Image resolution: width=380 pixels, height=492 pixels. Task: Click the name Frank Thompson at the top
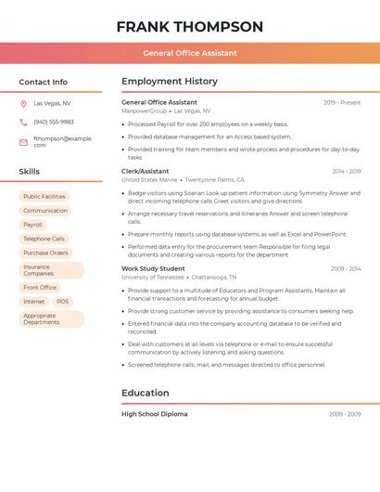(x=189, y=27)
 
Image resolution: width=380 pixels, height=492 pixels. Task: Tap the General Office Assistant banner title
(x=189, y=53)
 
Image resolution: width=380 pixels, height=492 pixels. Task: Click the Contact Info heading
(x=43, y=82)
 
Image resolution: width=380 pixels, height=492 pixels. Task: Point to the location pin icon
(x=23, y=103)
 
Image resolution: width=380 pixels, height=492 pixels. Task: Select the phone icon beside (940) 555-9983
(x=23, y=122)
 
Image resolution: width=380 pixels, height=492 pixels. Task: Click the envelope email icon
(x=23, y=142)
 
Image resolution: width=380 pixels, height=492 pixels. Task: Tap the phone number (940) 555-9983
(x=54, y=122)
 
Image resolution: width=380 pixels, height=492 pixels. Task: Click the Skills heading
(x=29, y=172)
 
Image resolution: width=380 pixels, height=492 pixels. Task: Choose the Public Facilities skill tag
(x=44, y=197)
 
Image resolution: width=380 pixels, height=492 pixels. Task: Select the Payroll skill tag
(x=32, y=225)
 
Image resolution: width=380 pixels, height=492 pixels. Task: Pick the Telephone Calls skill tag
(x=44, y=239)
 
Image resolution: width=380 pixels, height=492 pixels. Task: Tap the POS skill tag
(x=62, y=302)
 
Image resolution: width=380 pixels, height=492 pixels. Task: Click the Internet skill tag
(x=33, y=302)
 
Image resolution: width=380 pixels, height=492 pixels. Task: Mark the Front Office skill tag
(x=40, y=288)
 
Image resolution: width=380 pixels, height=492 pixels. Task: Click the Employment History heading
(x=170, y=82)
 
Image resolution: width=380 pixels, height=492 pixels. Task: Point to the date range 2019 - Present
(x=342, y=102)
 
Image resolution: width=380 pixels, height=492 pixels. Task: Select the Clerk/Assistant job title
(x=146, y=171)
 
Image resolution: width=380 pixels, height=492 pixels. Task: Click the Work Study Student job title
(x=153, y=268)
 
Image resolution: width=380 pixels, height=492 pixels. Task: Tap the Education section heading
(x=146, y=393)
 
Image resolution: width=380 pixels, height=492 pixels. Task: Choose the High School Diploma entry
(x=154, y=414)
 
